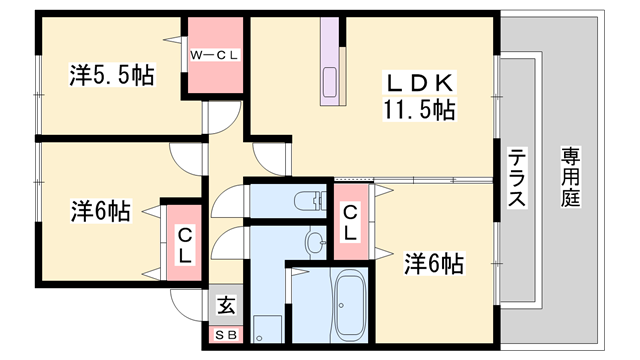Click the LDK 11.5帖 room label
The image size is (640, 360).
419,96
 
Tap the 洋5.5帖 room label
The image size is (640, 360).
112,75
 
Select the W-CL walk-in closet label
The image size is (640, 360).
214,56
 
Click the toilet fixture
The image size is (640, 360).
310,200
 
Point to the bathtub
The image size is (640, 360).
349,304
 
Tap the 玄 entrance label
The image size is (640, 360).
226,305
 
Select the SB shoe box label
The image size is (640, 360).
226,335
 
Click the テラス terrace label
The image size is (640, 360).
516,178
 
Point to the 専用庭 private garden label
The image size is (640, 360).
570,177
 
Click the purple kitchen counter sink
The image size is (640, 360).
330,82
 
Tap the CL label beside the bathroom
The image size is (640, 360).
350,222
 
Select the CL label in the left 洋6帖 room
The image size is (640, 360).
185,246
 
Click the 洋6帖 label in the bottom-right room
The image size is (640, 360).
433,264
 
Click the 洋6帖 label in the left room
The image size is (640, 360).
101,211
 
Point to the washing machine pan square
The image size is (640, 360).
267,329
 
